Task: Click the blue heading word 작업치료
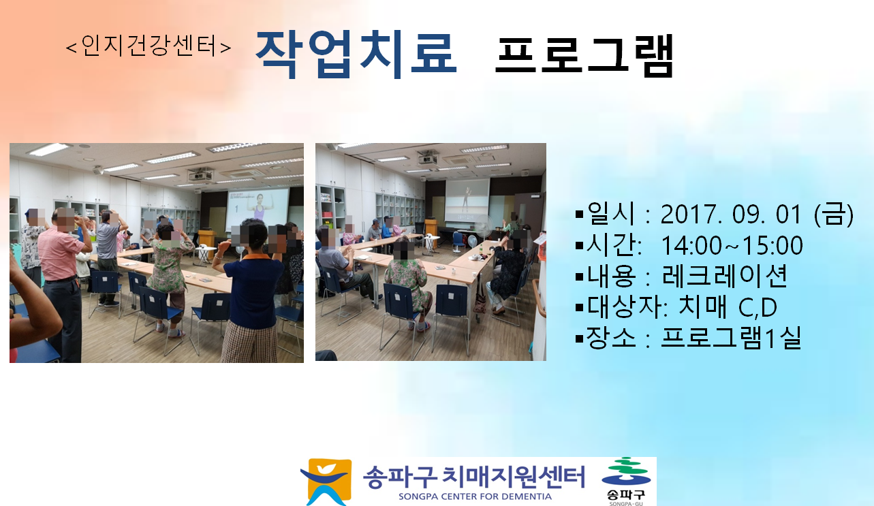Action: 356,54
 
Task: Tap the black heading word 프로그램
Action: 584,55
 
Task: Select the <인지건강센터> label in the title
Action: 149,46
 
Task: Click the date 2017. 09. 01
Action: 731,215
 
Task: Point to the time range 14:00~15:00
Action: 732,245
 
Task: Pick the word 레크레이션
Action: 724,276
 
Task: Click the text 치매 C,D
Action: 728,307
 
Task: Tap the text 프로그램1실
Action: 731,338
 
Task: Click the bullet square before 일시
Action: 580,215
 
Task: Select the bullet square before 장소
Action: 580,338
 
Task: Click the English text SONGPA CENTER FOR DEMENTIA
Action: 475,496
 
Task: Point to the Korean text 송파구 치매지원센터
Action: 473,477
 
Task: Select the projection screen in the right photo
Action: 467,200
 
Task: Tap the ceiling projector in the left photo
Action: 200,175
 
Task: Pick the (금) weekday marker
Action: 834,215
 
